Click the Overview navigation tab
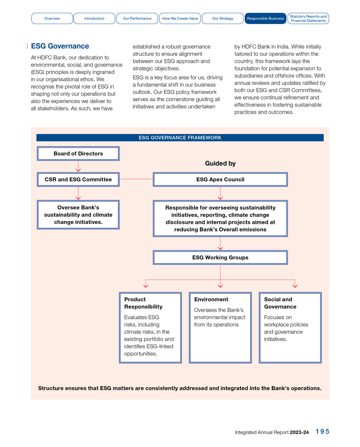click(x=52, y=19)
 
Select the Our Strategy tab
click(x=223, y=19)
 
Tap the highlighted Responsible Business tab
click(x=265, y=19)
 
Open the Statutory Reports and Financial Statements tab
click(x=308, y=19)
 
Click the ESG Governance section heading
click(x=60, y=46)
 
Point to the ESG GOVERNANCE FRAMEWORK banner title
click(x=180, y=138)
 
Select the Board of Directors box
click(x=78, y=154)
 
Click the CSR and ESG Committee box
click(x=78, y=179)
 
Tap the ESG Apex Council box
click(x=220, y=179)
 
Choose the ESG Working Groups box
click(x=220, y=258)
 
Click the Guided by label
click(x=220, y=164)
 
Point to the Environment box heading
click(x=211, y=299)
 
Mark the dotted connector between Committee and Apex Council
click(x=136, y=179)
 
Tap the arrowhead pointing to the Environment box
click(x=220, y=286)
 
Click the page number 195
click(x=322, y=432)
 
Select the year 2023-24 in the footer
click(x=299, y=432)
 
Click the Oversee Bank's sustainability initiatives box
click(x=78, y=215)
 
